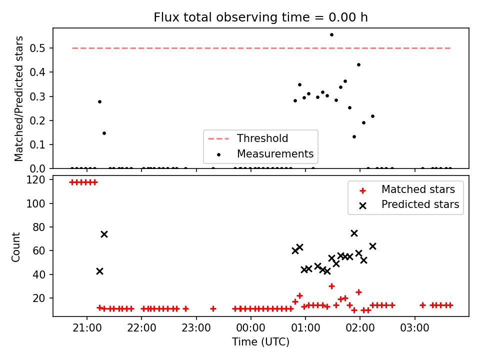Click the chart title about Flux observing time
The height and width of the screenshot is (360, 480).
pos(260,17)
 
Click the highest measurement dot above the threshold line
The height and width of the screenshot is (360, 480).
pos(331,35)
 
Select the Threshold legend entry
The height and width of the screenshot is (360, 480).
pos(248,138)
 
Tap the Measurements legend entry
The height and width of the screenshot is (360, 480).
pos(260,153)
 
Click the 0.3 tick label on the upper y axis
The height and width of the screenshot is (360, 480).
pos(37,96)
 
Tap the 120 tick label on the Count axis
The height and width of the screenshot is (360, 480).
pos(35,179)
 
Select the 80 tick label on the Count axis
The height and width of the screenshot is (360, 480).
pos(39,227)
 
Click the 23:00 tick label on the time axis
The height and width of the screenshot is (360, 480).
pos(196,328)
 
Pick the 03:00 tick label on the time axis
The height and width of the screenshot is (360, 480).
pos(415,328)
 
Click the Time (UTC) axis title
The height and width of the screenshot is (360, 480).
pos(260,341)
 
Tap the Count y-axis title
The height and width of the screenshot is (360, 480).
pos(15,247)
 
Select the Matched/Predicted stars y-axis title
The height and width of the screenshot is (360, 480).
pos(18,98)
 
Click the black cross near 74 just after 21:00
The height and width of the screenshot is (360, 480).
pos(104,234)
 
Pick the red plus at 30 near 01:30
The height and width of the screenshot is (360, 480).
pos(331,286)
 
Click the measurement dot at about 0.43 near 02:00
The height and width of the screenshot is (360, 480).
pos(359,65)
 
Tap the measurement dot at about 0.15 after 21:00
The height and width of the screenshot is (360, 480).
pos(104,133)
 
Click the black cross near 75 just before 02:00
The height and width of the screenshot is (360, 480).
pos(354,233)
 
